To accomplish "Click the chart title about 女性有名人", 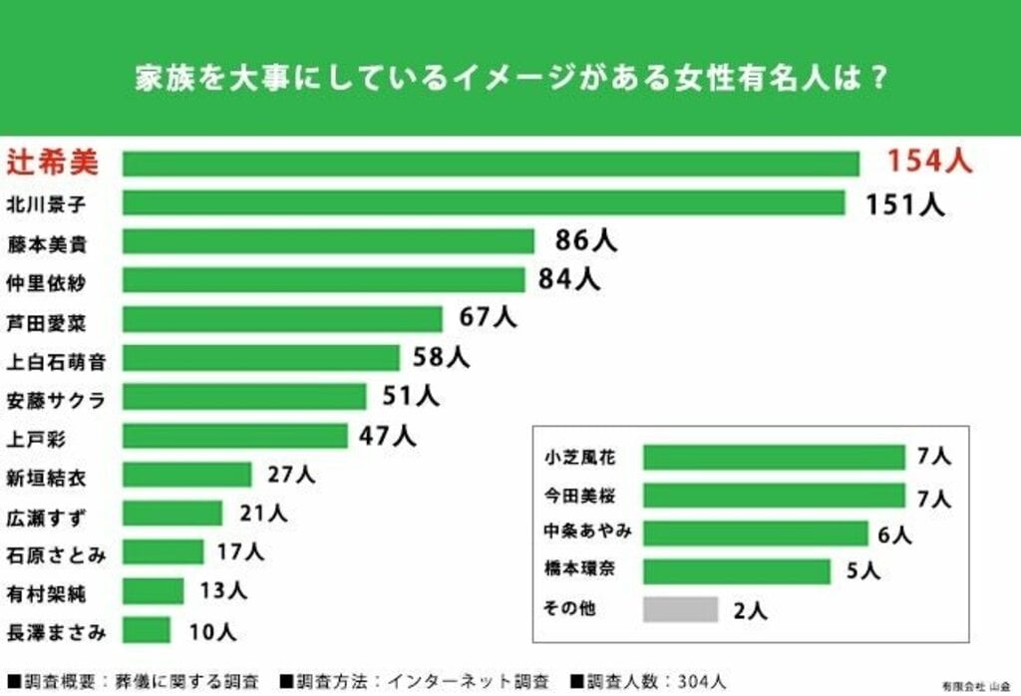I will pyautogui.click(x=510, y=78).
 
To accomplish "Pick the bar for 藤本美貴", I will pyautogui.click(x=329, y=241).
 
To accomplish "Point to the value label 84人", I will pyautogui.click(x=569, y=279).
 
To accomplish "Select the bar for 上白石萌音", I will pyautogui.click(x=261, y=358).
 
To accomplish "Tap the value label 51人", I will pyautogui.click(x=411, y=396).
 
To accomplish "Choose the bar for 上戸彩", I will pyautogui.click(x=235, y=436).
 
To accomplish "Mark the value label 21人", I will pyautogui.click(x=263, y=514).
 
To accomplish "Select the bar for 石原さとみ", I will pyautogui.click(x=164, y=552).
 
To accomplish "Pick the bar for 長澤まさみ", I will pyautogui.click(x=147, y=630).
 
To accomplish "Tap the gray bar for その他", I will pyautogui.click(x=680, y=609).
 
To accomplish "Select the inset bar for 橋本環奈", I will pyautogui.click(x=736, y=571).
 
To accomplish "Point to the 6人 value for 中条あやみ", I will pyautogui.click(x=894, y=534).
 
